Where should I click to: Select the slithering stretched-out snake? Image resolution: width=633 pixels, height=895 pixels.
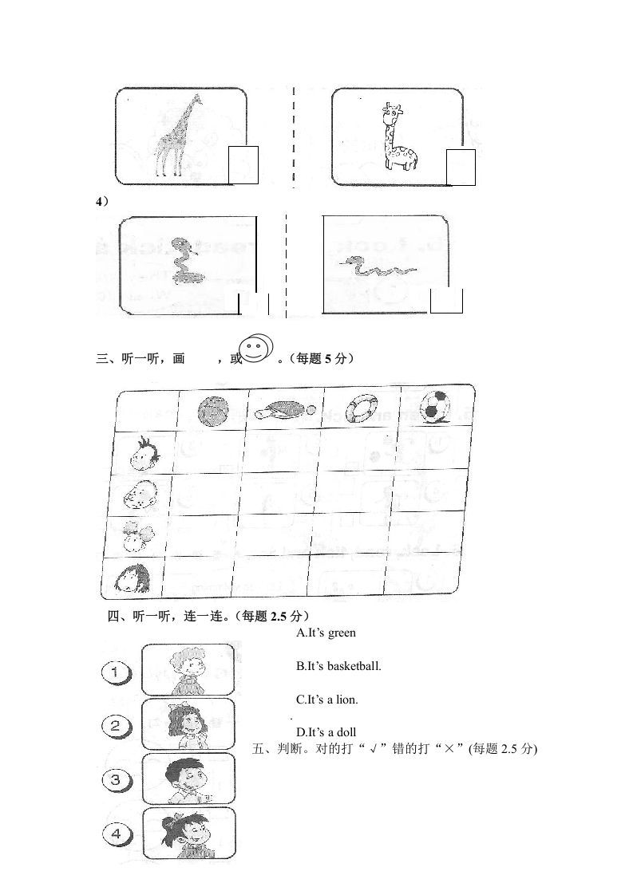[377, 266]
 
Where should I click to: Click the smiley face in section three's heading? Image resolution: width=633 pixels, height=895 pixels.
[255, 349]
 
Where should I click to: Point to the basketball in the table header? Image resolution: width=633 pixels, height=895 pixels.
[213, 412]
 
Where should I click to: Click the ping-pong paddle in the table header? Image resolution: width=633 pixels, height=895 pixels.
[283, 412]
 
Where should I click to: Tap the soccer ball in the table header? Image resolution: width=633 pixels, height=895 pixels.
[436, 405]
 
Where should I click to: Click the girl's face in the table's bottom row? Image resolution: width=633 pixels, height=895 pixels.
[133, 578]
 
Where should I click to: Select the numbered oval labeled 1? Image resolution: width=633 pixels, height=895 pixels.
[117, 673]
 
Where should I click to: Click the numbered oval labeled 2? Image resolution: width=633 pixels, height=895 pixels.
[116, 725]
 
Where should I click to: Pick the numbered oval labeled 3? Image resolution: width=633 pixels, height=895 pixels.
[116, 779]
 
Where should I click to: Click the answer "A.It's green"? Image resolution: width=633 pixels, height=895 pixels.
[326, 633]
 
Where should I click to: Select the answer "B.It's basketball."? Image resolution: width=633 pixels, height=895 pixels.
[338, 666]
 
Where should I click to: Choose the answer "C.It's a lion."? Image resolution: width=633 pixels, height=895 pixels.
[327, 700]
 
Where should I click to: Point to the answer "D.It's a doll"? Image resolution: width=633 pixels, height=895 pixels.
[326, 732]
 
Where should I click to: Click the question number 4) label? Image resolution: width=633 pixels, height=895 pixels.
[102, 203]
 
